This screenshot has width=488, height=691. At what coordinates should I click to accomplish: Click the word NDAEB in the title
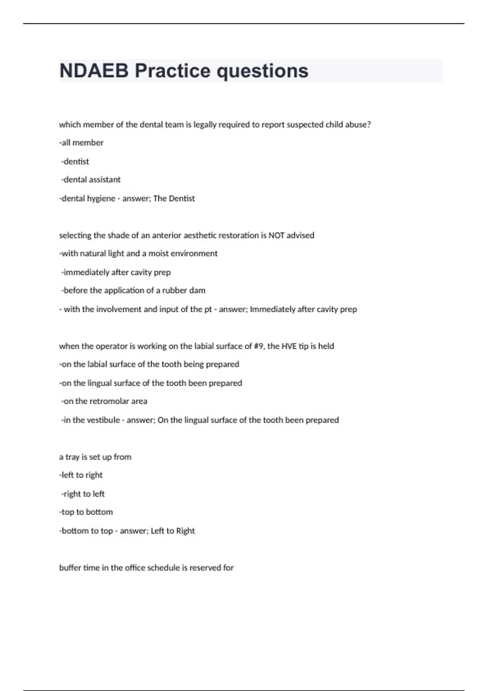pyautogui.click(x=94, y=71)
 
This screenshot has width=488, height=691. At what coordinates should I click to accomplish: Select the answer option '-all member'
pyautogui.click(x=81, y=143)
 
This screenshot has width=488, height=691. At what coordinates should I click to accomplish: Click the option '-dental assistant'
pyautogui.click(x=91, y=180)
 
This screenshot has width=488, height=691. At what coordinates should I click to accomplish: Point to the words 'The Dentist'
pyautogui.click(x=174, y=198)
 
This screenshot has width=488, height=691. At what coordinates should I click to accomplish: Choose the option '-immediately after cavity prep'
pyautogui.click(x=116, y=272)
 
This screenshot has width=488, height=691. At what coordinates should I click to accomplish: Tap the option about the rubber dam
pyautogui.click(x=133, y=291)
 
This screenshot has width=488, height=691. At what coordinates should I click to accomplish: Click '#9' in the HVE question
pyautogui.click(x=258, y=346)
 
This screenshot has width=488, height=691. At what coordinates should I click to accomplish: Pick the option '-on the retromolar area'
pyautogui.click(x=104, y=401)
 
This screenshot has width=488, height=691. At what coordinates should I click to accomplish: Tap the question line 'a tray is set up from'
pyautogui.click(x=95, y=457)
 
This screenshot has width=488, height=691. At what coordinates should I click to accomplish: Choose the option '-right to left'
pyautogui.click(x=83, y=494)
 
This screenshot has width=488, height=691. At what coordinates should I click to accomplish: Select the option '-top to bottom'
pyautogui.click(x=86, y=512)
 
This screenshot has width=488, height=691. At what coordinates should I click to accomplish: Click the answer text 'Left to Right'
pyautogui.click(x=172, y=531)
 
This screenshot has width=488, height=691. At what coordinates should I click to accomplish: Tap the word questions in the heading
pyautogui.click(x=262, y=71)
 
